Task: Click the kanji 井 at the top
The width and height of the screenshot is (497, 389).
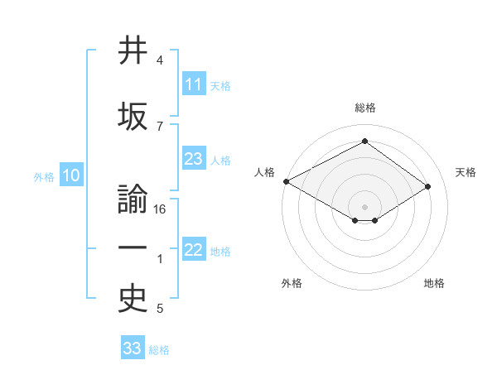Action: coord(133,50)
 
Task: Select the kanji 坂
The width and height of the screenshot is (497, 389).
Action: coord(133,117)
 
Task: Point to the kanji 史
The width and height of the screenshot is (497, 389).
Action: coord(133,300)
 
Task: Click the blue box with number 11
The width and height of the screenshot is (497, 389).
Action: coord(194,84)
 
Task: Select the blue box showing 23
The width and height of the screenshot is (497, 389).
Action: coord(194,159)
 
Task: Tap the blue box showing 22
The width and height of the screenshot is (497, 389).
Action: coord(194,251)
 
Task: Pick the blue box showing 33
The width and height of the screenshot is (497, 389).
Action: coord(133,348)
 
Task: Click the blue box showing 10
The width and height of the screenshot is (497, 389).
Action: coord(71,175)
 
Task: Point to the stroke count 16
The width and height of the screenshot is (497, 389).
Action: coord(161,209)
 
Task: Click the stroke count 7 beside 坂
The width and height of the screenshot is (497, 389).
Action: coord(160,126)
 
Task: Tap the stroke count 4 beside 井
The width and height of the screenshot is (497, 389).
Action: coord(160,60)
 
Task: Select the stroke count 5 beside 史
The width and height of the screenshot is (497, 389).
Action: coord(160,310)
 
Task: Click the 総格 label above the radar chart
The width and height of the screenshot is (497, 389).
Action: coord(364,108)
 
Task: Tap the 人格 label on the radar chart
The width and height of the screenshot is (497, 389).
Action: coord(265,172)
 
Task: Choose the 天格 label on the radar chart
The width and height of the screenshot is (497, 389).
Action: coord(466,172)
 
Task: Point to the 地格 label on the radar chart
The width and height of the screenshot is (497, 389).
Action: coord(434,283)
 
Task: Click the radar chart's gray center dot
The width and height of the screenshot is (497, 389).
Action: coord(364,205)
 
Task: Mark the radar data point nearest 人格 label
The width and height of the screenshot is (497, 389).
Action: coord(286,181)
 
